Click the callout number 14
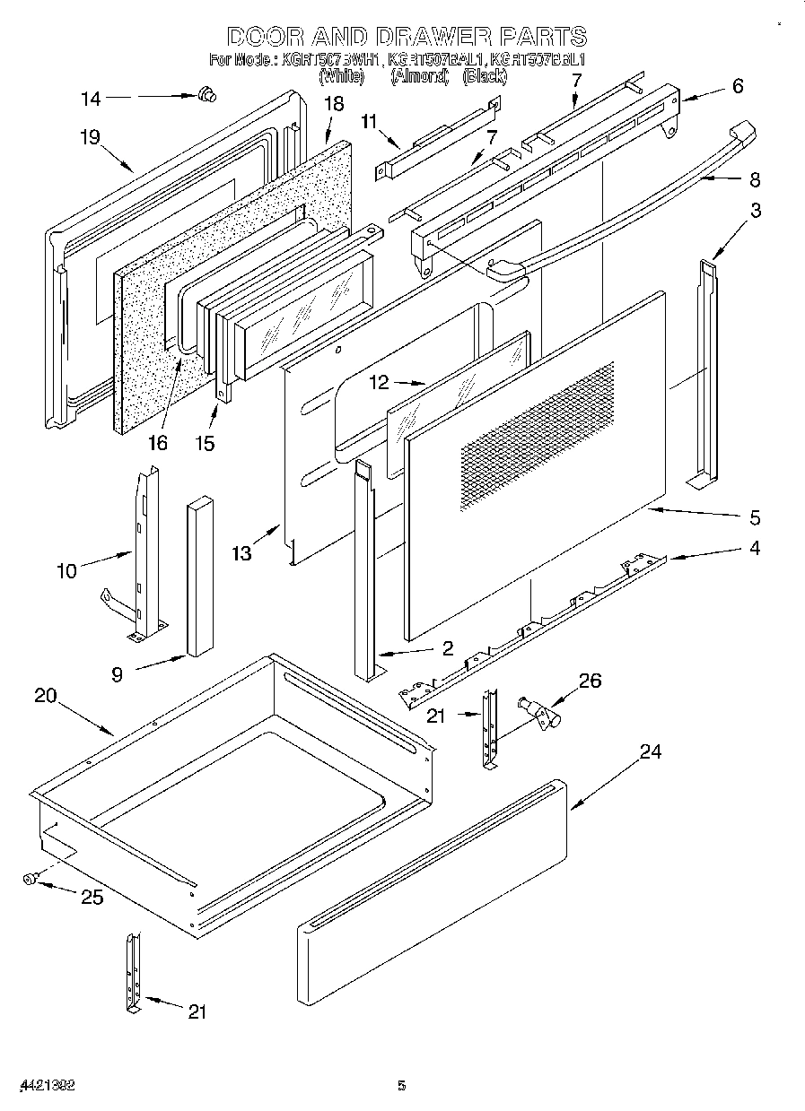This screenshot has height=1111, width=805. coord(91,99)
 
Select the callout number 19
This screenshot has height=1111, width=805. coord(89,136)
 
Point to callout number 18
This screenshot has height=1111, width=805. coord(333,104)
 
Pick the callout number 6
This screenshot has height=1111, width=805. coord(738,86)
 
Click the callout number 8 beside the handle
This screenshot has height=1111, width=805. coord(754,179)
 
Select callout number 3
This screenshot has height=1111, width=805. coord(757,212)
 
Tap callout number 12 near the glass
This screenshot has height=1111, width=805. coord(380,383)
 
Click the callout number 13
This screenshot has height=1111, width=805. coord(241,553)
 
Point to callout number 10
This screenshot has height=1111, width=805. coord(67,570)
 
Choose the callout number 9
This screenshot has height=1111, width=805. coord(117,674)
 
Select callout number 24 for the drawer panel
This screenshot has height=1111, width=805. coord(650,751)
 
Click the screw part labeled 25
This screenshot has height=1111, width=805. coord(30,881)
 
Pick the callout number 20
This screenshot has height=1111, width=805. coord(46,696)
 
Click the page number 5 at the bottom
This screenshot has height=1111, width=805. coord(402,1086)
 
